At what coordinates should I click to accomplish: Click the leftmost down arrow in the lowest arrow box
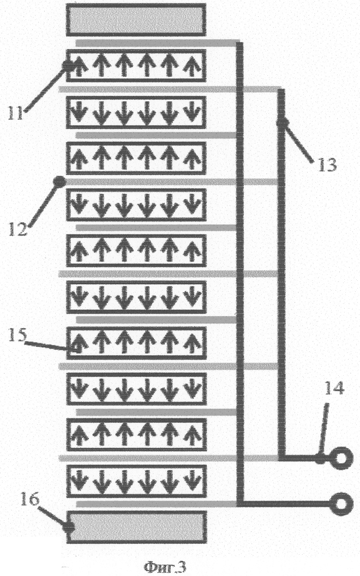pyautogui.click(x=79, y=479)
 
